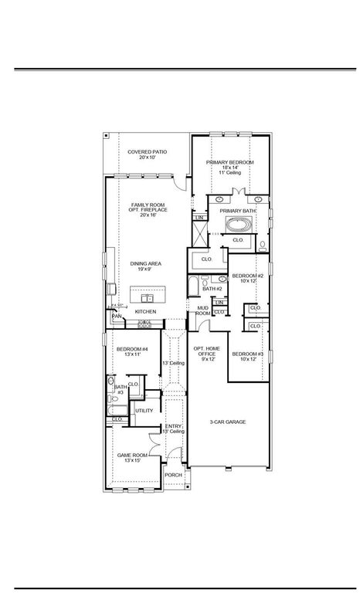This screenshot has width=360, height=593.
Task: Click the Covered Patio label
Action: point(148,154)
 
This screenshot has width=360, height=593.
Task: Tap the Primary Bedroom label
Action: point(229,167)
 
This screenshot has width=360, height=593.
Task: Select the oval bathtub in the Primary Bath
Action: point(236,226)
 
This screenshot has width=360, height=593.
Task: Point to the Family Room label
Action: point(148,209)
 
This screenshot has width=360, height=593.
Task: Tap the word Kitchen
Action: point(146,312)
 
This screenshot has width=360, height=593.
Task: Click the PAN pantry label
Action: point(117,316)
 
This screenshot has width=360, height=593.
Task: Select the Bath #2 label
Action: point(212,289)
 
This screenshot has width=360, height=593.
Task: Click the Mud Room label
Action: point(202,311)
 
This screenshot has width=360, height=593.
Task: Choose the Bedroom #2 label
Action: point(248,278)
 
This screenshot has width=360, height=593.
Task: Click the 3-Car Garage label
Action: point(228,422)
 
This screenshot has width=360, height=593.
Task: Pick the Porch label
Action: point(174,475)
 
